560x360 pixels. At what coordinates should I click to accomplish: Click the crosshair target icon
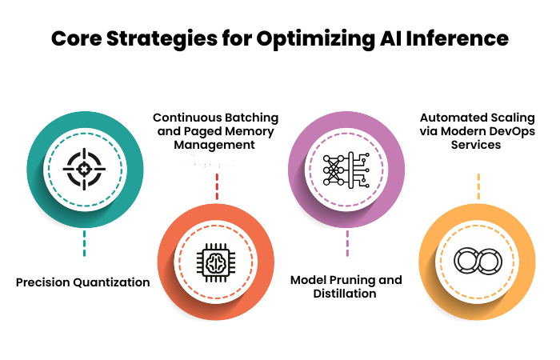coord(84,169)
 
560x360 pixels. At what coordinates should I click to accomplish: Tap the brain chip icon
coord(216,263)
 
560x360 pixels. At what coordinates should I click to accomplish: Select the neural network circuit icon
coord(346,170)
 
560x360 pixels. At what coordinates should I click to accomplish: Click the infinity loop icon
coord(478,261)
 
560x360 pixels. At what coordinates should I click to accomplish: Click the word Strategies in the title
coord(162,39)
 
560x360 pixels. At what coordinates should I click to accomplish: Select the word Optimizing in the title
coord(316,39)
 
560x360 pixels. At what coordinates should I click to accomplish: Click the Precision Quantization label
coord(83,282)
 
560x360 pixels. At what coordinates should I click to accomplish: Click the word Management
coord(214,145)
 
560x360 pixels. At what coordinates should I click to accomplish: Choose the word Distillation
coord(345,294)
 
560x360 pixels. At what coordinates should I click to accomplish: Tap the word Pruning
coord(353,280)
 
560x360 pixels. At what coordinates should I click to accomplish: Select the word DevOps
coord(512,131)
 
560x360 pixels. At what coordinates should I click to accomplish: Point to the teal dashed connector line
coord(84,243)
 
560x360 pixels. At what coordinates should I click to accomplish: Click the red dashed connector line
coord(217,186)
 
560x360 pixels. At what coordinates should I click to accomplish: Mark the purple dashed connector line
coord(347,243)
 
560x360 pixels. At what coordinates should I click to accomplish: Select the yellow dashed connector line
coord(478,186)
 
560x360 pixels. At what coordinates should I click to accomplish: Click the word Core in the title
coord(77,38)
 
